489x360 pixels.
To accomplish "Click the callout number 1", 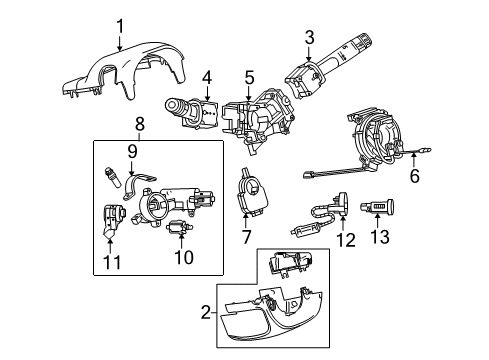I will (119, 27).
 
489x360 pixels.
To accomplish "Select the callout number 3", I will (309, 38).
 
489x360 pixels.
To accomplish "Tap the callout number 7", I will (245, 238).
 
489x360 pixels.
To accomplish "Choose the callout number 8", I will (140, 124).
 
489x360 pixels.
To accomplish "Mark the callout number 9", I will (131, 151).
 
